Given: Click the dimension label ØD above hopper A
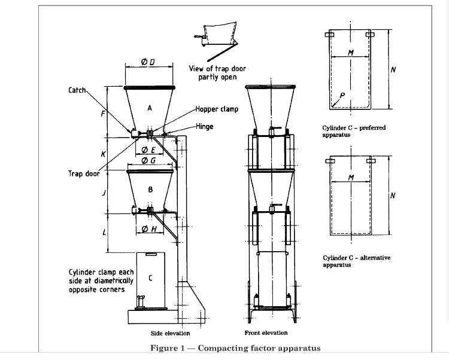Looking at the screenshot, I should click(148, 62).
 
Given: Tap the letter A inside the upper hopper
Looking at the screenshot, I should click(150, 108).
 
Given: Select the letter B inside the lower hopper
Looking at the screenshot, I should click(150, 190).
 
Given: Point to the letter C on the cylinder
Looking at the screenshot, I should click(150, 277).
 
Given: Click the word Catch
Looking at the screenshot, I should click(78, 90).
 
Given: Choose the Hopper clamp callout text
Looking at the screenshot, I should click(217, 109).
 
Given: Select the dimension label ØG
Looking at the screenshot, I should click(148, 161).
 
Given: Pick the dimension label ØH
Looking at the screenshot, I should click(149, 230).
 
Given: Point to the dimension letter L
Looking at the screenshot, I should click(105, 232).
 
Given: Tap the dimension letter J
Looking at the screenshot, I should click(104, 193).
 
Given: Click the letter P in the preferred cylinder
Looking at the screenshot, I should click(341, 95).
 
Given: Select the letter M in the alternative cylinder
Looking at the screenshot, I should click(351, 178).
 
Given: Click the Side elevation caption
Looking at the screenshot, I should click(170, 333).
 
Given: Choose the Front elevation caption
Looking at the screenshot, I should click(266, 332).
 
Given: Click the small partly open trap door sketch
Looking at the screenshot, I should click(219, 36).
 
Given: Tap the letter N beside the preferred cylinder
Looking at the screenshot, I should click(393, 69).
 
